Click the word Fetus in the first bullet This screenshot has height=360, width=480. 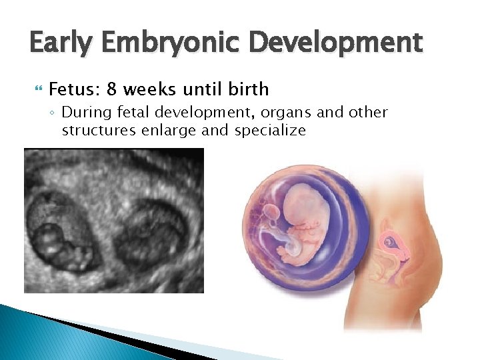[x=69, y=89]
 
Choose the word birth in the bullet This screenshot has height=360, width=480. [x=248, y=89]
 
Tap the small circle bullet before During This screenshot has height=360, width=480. [x=53, y=113]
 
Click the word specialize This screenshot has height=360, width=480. [x=270, y=130]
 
